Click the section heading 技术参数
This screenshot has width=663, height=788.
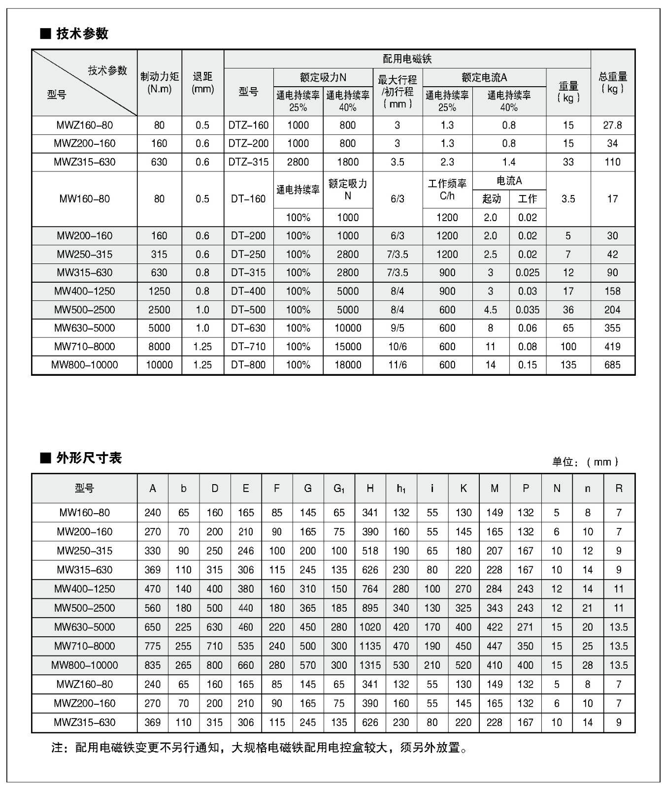coord(82,33)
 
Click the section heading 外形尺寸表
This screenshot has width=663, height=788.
coord(88,458)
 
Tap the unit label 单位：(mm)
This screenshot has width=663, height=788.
coord(585,462)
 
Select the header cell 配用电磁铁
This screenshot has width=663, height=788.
coord(407,59)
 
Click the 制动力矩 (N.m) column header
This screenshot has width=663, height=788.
coord(160,82)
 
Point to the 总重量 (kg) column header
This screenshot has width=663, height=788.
coord(612,82)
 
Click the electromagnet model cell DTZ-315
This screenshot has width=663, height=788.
coord(248,162)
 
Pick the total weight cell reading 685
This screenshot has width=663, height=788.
coord(612,365)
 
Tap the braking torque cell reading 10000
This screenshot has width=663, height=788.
coord(160,365)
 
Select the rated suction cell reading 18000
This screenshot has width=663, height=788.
coord(348,365)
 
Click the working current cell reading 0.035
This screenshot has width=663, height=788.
coord(528,310)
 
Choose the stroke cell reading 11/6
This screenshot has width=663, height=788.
coord(398,365)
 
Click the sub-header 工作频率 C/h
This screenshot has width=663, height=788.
coord(447,190)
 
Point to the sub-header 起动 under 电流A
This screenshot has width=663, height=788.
coord(491,199)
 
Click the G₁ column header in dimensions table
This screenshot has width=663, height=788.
coord(339,489)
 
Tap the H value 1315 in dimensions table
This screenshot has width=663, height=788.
coord(370,665)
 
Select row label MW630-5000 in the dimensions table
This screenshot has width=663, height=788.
coord(85,627)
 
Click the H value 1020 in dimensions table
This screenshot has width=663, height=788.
coord(370,627)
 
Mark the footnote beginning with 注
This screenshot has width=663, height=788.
coord(259,748)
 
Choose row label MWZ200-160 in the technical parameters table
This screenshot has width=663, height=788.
coord(85,143)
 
